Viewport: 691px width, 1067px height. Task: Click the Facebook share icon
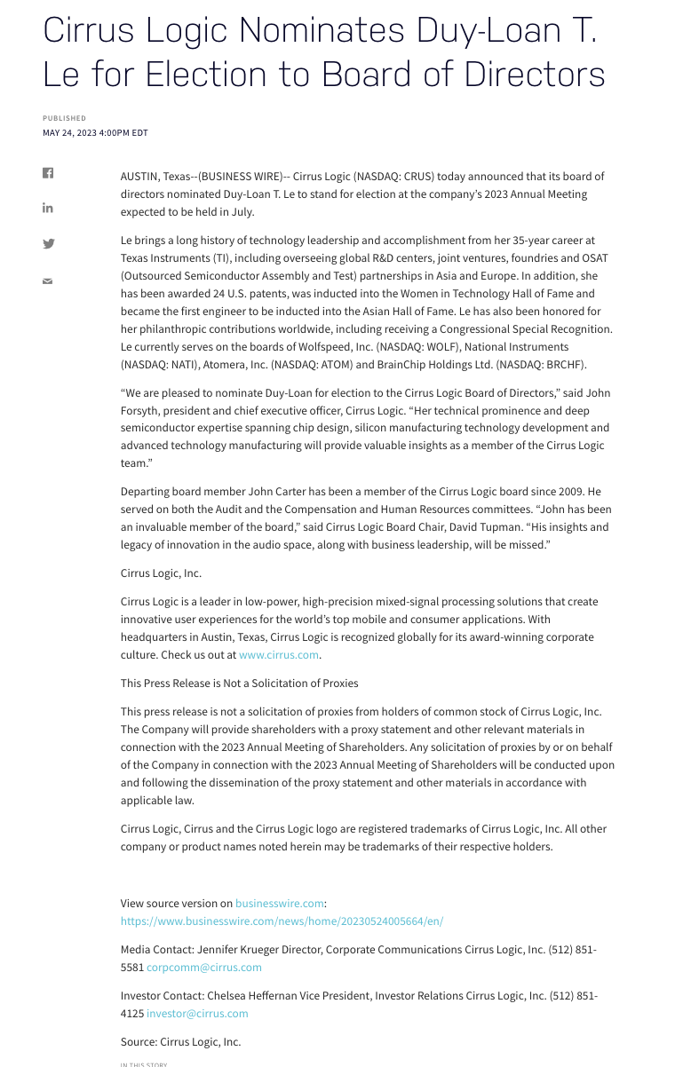pos(48,173)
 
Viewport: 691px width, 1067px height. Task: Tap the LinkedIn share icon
pos(48,208)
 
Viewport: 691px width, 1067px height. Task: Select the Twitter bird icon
pos(48,244)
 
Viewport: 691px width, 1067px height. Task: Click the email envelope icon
pos(48,281)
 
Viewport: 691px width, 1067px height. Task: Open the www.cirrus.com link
pos(278,655)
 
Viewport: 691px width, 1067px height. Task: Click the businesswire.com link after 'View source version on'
pos(280,904)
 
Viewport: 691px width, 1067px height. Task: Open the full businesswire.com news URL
pos(282,921)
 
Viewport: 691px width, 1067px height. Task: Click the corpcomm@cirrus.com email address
pos(204,968)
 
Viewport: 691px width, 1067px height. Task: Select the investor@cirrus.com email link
pos(197,1014)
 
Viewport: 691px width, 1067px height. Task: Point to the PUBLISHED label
pos(65,118)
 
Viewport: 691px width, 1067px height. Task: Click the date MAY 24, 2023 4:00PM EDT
pos(95,133)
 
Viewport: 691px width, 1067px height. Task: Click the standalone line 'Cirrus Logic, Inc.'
pos(161,573)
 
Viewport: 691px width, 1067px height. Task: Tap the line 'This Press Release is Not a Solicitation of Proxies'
pos(240,684)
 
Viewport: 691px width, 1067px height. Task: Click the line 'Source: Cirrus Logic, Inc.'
pos(180,1042)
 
